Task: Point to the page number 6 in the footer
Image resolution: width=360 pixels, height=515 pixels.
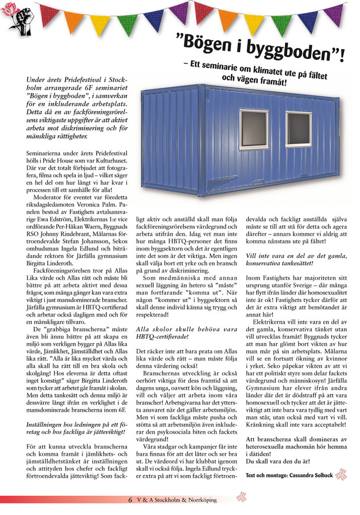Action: pos(130,500)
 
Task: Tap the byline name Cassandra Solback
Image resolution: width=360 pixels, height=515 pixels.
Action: pos(311,475)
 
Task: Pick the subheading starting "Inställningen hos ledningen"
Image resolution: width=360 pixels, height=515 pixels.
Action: pos(78,429)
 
